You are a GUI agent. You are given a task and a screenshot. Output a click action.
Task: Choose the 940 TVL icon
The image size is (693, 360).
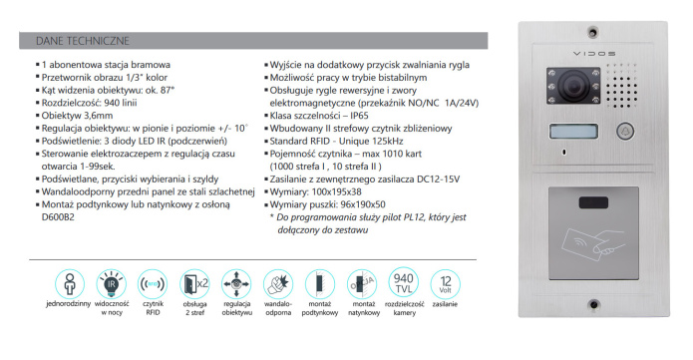pos(404,281)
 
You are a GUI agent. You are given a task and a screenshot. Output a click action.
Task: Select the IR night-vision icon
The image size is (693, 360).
pos(112,281)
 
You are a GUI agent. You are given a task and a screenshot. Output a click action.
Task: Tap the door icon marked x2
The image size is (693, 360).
pos(192,281)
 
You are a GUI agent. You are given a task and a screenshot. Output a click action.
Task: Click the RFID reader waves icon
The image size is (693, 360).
pos(153,281)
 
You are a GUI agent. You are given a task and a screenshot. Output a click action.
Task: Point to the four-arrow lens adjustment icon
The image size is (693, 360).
pos(235,281)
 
